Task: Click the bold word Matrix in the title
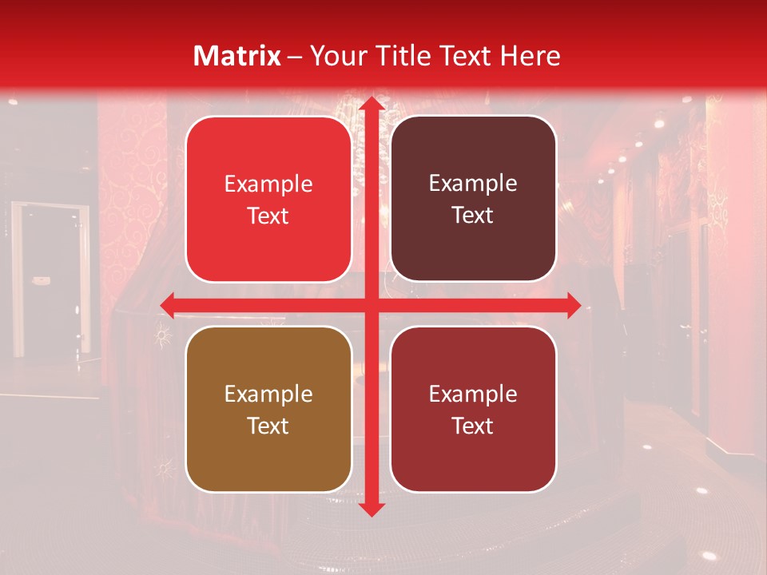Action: tap(237, 56)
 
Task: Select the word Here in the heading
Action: tap(531, 56)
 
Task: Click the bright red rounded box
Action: tap(268, 200)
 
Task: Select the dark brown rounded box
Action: tap(473, 199)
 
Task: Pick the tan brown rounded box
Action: tap(268, 409)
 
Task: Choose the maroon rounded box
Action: tap(473, 409)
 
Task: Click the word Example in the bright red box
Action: tap(268, 184)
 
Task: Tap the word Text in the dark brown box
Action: tap(473, 216)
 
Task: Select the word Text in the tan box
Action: tap(268, 426)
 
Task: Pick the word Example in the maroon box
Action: tap(473, 394)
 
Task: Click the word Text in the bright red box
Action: tap(268, 216)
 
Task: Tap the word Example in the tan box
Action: tap(268, 395)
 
